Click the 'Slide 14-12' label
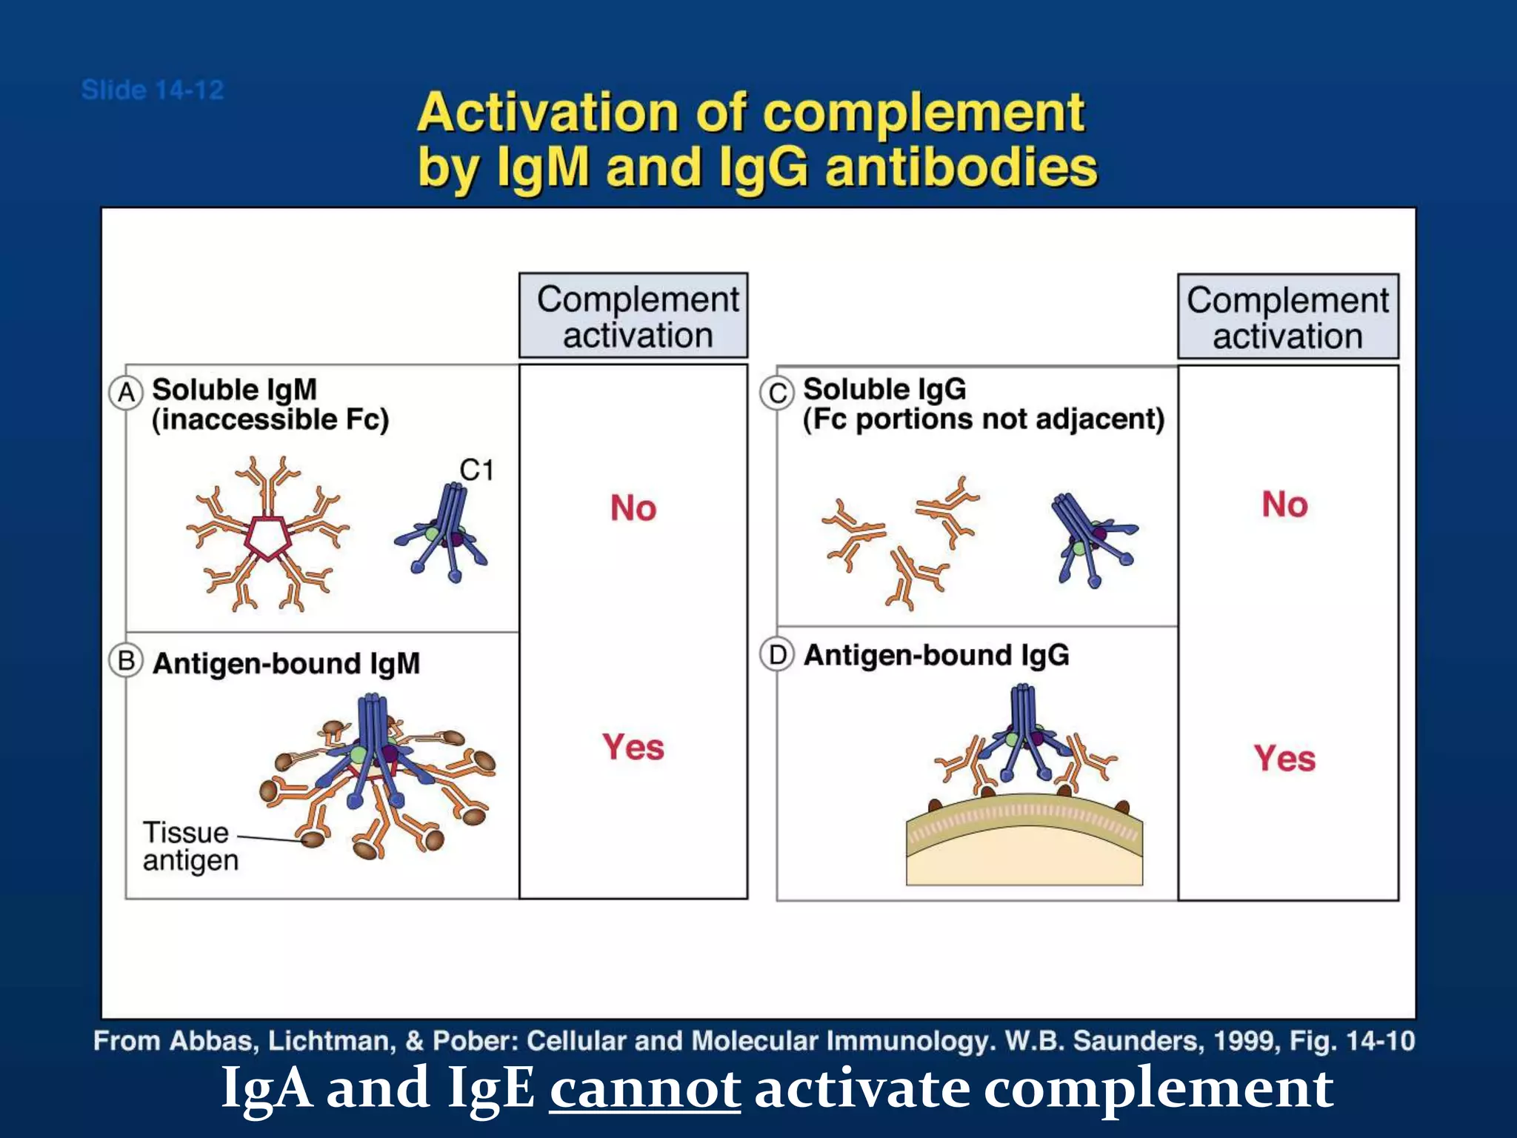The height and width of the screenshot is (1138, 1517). tap(153, 90)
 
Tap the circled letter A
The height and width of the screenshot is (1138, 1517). tap(126, 392)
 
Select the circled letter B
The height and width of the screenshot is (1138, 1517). tap(126, 660)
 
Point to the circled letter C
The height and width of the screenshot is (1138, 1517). tap(777, 392)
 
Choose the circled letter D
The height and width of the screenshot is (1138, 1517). tap(777, 655)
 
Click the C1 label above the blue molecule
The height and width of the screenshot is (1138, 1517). tap(476, 470)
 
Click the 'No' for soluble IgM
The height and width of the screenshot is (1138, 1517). tap(633, 508)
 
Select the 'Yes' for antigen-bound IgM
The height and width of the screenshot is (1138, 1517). tap(633, 747)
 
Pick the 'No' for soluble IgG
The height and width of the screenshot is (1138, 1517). tap(1285, 505)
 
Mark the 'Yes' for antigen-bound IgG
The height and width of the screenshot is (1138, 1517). tap(1285, 759)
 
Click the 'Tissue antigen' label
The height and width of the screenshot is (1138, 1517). tap(190, 846)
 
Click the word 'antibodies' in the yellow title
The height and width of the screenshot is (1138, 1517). tap(961, 167)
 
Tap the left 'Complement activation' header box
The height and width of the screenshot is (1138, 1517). tap(634, 316)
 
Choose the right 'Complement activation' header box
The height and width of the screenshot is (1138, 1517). tap(1287, 317)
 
